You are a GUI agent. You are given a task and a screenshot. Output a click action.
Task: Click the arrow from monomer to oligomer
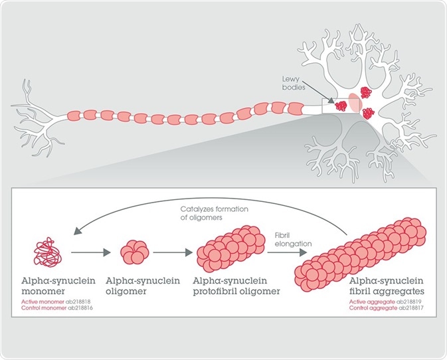(89, 252)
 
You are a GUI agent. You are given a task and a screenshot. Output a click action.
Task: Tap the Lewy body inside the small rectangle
(341, 106)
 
